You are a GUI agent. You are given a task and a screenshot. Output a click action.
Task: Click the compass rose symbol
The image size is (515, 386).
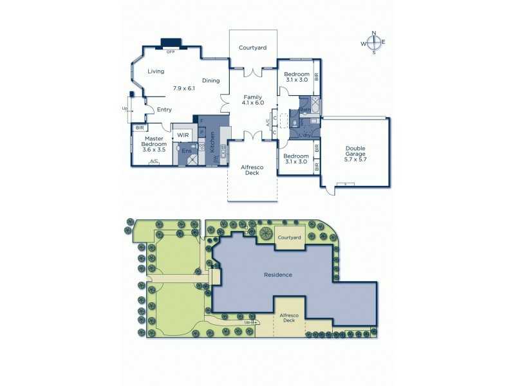[373, 42]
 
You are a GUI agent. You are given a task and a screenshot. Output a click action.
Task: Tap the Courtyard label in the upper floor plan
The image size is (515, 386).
[252, 48]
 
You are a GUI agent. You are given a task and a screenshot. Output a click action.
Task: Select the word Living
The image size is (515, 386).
[155, 71]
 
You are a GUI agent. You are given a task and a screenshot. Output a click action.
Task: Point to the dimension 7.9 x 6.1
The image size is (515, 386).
[183, 88]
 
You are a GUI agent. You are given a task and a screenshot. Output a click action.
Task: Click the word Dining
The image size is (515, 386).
[211, 80]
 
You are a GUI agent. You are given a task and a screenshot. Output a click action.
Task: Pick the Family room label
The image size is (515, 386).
[252, 96]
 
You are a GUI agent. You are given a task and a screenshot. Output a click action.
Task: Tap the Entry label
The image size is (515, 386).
[164, 109]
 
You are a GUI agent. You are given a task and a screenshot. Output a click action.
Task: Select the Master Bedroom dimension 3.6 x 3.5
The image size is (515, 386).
[153, 149]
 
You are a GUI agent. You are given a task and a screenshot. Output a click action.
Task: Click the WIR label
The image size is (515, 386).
[183, 135]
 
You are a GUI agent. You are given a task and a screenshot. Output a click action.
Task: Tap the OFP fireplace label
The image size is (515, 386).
[171, 51]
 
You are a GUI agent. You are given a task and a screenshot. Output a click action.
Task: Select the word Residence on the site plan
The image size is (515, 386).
[278, 275]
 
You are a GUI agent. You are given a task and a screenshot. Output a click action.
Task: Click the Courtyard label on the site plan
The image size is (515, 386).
[289, 237]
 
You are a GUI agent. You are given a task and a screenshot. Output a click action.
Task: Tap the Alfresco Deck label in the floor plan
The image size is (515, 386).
[252, 169]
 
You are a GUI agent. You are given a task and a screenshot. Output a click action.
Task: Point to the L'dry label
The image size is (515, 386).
[306, 135]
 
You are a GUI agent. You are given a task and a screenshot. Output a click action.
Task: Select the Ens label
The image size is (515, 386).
[185, 151]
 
